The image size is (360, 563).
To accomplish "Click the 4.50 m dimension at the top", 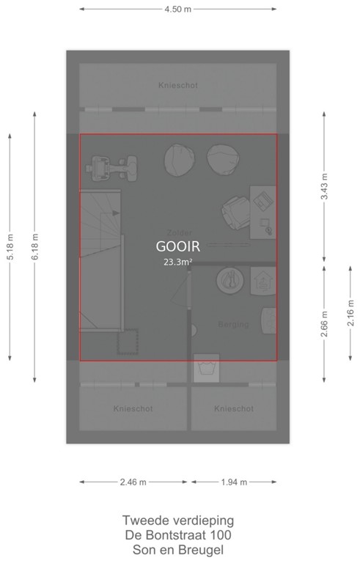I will click(177, 10).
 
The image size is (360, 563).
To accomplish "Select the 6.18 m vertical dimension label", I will click(34, 246).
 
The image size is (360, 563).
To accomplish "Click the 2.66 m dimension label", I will click(324, 323).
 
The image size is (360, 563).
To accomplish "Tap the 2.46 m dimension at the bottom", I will click(133, 482).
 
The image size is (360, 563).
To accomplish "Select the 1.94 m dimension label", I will click(233, 482).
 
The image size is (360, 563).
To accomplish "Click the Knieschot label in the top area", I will click(177, 86).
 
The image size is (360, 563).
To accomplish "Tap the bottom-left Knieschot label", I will click(133, 409).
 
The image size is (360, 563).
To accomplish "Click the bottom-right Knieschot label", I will click(234, 409).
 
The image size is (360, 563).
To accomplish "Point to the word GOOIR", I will click(177, 246).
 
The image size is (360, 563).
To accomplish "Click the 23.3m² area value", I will click(177, 261).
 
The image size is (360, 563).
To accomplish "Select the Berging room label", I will click(233, 324).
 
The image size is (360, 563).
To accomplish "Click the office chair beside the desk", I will click(235, 213).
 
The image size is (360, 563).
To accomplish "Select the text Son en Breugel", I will click(178, 549).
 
